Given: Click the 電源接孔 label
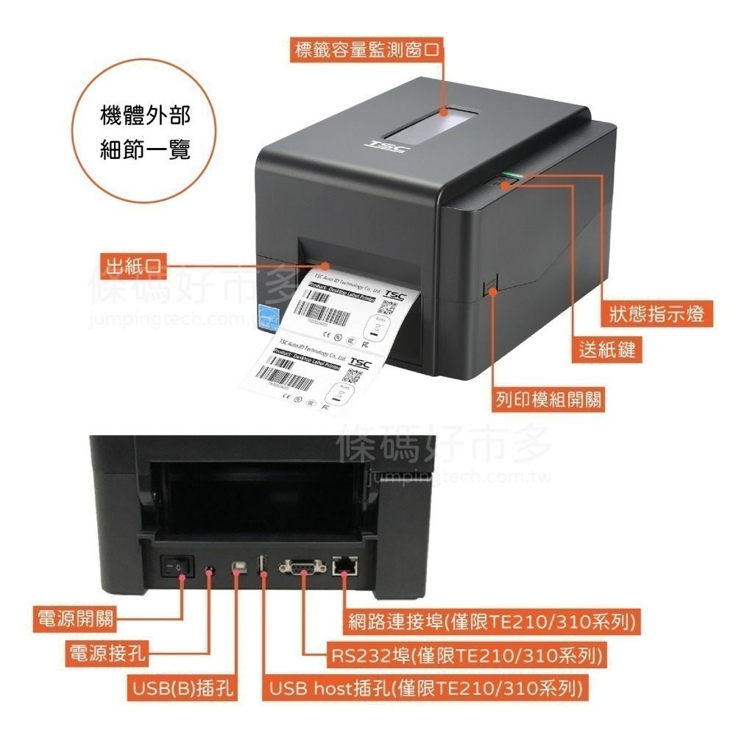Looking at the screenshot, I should pyautogui.click(x=107, y=653).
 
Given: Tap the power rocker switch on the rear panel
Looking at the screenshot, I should pyautogui.click(x=177, y=567).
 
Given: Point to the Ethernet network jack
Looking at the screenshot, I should pyautogui.click(x=345, y=566).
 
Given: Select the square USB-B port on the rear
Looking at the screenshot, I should pyautogui.click(x=237, y=567).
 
